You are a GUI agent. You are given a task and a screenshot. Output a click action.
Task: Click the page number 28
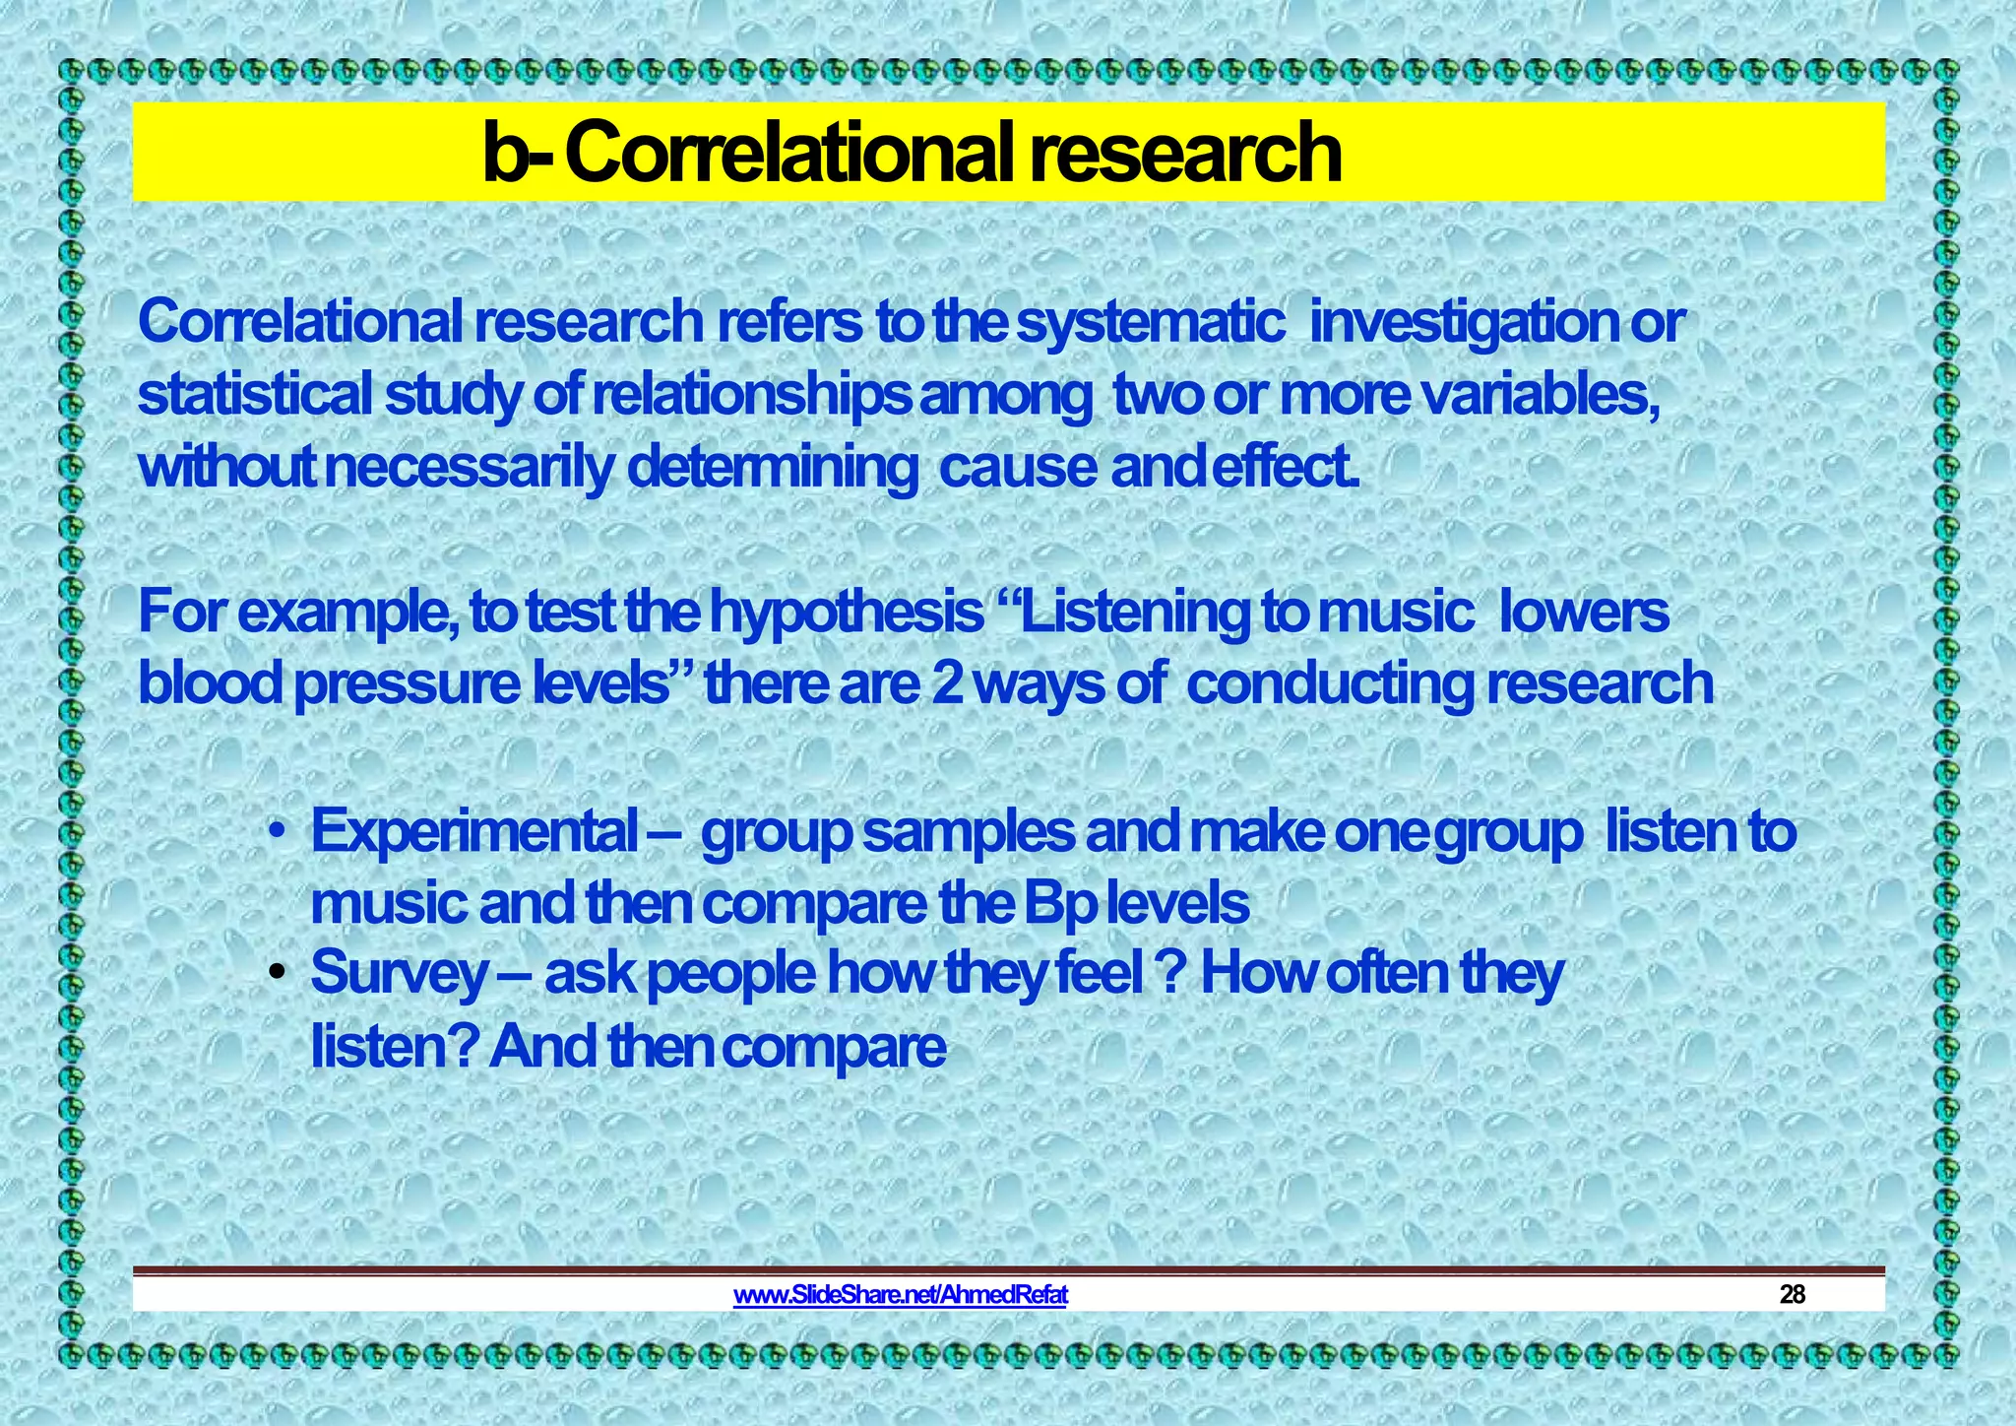point(1793,1294)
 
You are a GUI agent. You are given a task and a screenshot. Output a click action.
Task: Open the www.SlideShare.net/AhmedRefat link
point(900,1294)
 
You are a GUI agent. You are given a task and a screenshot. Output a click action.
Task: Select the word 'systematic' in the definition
point(1150,323)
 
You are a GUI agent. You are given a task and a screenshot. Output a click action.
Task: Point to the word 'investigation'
point(1463,323)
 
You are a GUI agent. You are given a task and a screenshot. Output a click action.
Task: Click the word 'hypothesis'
point(847,613)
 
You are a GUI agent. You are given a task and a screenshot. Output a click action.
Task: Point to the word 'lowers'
point(1584,613)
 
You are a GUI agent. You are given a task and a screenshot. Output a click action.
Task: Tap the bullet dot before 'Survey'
point(279,974)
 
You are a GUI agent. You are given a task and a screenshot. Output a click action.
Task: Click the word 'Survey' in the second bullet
point(399,975)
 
